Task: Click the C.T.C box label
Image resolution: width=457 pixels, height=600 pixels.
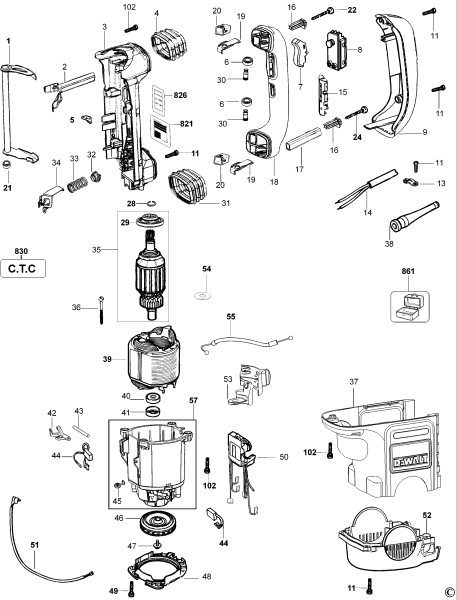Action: (x=28, y=267)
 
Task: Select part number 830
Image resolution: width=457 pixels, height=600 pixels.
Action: (x=21, y=250)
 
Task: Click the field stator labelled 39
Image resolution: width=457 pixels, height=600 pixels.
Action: (x=154, y=361)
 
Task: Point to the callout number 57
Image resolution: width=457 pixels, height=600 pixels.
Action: (x=193, y=400)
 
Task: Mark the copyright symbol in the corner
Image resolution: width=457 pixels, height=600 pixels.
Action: (x=449, y=591)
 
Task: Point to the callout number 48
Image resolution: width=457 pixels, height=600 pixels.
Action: (x=206, y=576)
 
